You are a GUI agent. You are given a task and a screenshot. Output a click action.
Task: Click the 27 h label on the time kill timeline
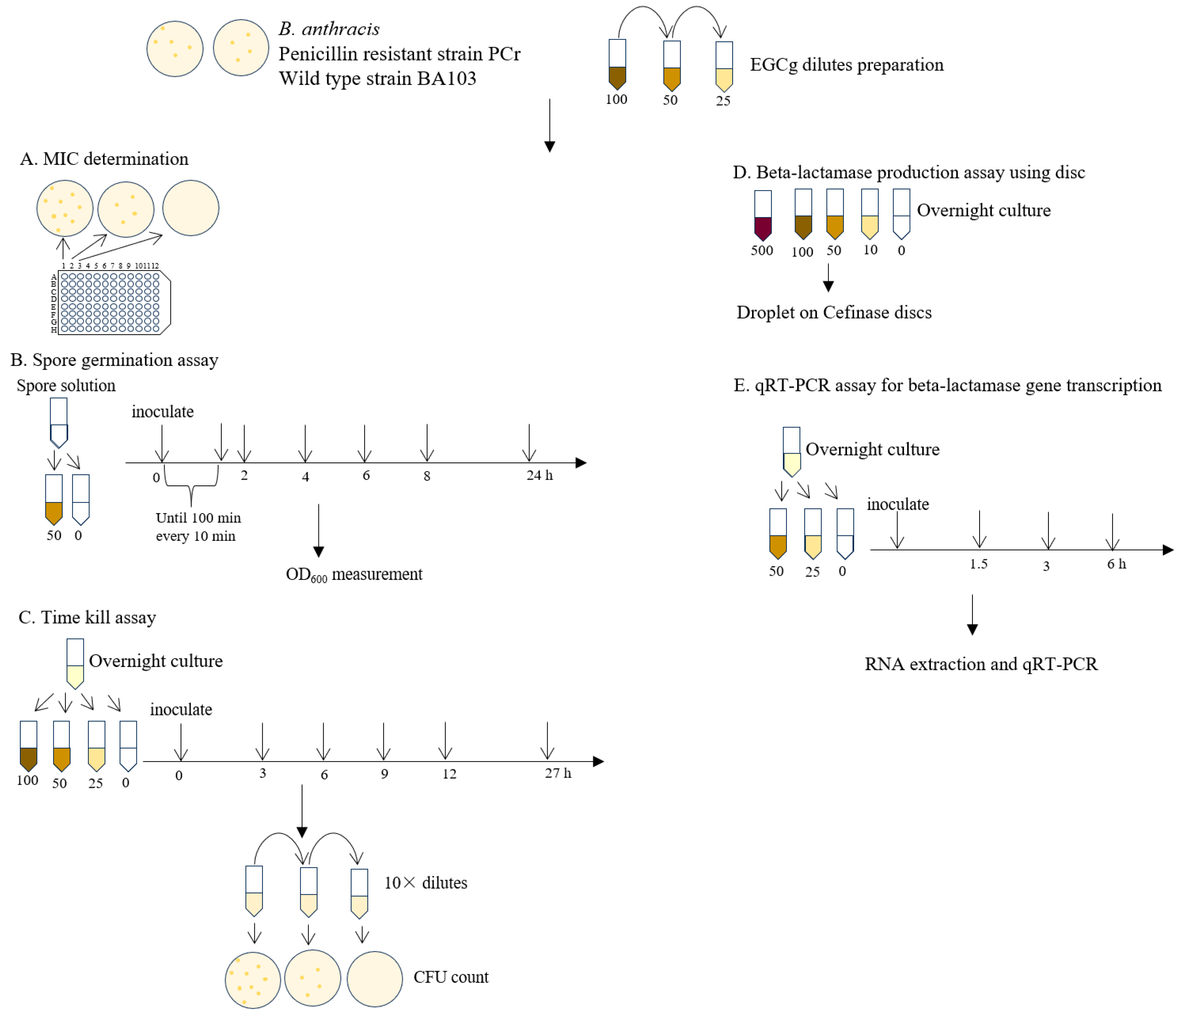558,773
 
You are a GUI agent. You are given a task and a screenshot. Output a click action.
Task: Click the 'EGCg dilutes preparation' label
846,65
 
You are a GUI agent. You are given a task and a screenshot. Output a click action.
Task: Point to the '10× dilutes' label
426,883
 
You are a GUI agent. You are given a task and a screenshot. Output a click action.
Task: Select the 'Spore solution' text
66,386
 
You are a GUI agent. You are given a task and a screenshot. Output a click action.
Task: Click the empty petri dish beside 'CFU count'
374,979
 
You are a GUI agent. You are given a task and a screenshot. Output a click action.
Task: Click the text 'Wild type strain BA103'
377,78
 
